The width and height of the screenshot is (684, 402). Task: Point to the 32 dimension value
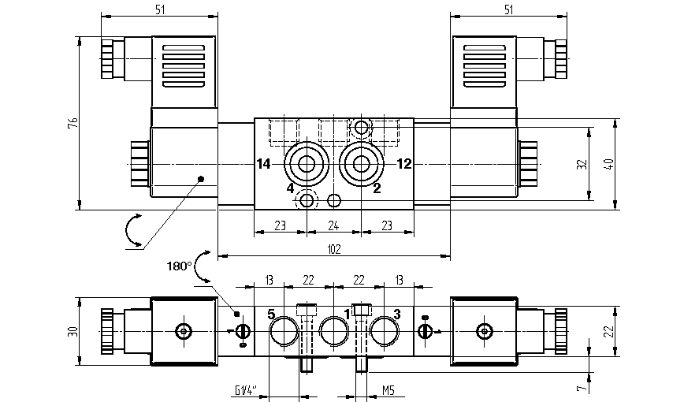pyautogui.click(x=581, y=165)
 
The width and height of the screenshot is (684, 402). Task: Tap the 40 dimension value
pyautogui.click(x=608, y=165)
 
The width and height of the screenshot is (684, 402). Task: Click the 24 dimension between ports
pyautogui.click(x=333, y=226)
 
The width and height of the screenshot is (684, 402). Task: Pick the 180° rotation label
pyautogui.click(x=180, y=266)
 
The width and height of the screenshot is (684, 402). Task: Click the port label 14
pyautogui.click(x=264, y=164)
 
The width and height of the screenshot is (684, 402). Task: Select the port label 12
pyautogui.click(x=404, y=164)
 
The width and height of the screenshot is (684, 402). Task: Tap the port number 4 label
pyautogui.click(x=290, y=189)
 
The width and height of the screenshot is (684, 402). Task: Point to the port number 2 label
pyautogui.click(x=377, y=188)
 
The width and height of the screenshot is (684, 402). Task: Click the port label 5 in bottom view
pyautogui.click(x=271, y=314)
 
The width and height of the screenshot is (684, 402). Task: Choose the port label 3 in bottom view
pyautogui.click(x=396, y=314)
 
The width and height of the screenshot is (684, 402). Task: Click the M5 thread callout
pyautogui.click(x=388, y=389)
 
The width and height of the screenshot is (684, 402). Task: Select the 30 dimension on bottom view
pyautogui.click(x=72, y=332)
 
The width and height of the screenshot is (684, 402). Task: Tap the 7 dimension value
pyautogui.click(x=581, y=388)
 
